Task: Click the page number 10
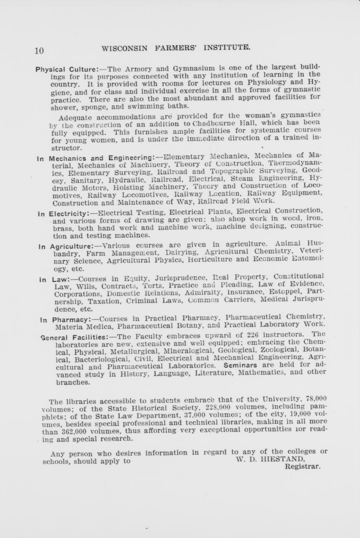click(39, 51)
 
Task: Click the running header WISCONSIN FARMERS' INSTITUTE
click(175, 48)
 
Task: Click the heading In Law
click(54, 279)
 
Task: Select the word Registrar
click(303, 466)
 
